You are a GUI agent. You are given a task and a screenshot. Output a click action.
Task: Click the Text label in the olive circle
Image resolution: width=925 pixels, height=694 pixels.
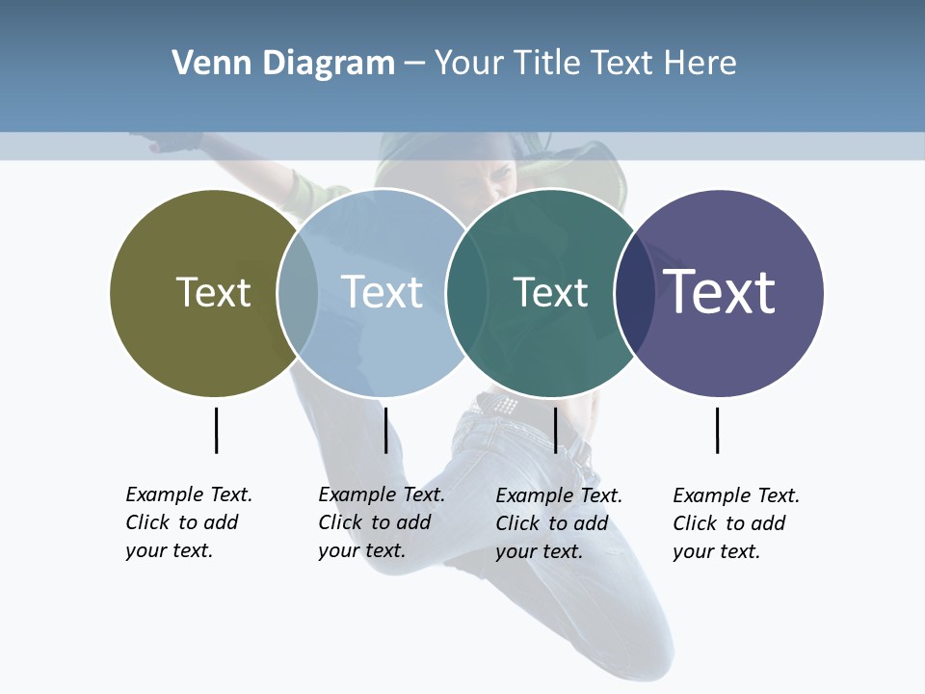pyautogui.click(x=213, y=292)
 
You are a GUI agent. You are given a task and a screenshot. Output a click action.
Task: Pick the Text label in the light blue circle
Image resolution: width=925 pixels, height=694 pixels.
pyautogui.click(x=382, y=292)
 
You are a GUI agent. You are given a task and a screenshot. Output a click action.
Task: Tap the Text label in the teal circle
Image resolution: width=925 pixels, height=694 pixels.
pyautogui.click(x=550, y=292)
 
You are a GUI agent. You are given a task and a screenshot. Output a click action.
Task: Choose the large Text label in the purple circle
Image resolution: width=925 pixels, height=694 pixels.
pyautogui.click(x=720, y=292)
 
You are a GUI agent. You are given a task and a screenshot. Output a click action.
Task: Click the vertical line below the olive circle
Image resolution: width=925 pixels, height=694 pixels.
pyautogui.click(x=217, y=430)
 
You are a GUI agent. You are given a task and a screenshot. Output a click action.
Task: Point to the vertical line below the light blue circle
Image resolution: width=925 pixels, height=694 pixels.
pyautogui.click(x=385, y=430)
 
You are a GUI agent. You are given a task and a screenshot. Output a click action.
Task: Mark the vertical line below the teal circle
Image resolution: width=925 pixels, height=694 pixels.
pyautogui.click(x=556, y=430)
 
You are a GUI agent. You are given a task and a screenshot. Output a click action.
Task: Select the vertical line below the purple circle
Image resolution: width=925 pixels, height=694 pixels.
pyautogui.click(x=718, y=430)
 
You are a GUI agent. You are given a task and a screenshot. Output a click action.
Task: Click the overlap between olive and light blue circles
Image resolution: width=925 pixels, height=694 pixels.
pyautogui.click(x=298, y=292)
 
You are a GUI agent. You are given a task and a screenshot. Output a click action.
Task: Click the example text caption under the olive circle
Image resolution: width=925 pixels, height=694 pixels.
pyautogui.click(x=189, y=522)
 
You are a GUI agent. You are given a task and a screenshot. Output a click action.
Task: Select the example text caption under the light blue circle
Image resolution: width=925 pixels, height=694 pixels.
pyautogui.click(x=382, y=522)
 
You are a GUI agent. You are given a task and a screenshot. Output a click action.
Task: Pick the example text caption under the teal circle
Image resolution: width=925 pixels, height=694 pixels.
pyautogui.click(x=559, y=523)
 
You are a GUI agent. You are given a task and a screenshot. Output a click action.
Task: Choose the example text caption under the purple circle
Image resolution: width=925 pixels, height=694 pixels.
pyautogui.click(x=736, y=523)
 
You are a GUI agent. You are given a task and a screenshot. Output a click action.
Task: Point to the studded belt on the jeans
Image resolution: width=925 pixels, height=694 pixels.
pyautogui.click(x=497, y=405)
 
